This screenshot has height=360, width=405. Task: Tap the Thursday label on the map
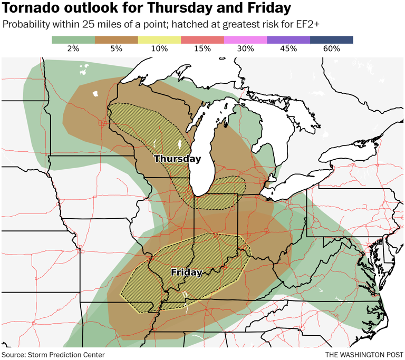click(x=177, y=159)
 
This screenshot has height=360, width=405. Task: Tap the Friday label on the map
click(x=187, y=273)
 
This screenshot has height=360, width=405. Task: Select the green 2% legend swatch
click(x=73, y=40)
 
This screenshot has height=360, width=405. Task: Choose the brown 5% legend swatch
click(x=117, y=40)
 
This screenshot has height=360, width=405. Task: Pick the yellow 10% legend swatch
click(x=159, y=40)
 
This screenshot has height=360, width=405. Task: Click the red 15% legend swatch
click(x=202, y=40)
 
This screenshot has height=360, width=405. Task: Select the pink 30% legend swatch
click(x=245, y=40)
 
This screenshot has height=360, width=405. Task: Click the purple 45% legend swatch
click(x=288, y=40)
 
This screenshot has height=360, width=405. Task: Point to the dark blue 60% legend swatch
click(x=331, y=40)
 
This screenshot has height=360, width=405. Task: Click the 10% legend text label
click(x=159, y=48)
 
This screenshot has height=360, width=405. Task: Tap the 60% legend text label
click(x=331, y=48)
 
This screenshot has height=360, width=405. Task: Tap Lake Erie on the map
click(x=293, y=185)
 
